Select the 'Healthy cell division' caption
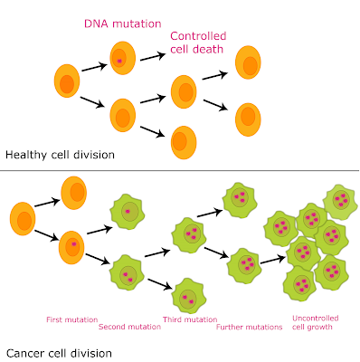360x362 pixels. pyautogui.click(x=60, y=155)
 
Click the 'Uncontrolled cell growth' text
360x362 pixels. pyautogui.click(x=316, y=321)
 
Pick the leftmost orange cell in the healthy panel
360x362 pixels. pyautogui.click(x=66, y=82)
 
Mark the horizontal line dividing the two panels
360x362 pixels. pyautogui.click(x=180, y=170)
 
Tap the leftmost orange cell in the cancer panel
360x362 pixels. pyautogui.click(x=24, y=219)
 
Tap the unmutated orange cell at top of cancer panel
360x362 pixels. pyautogui.click(x=74, y=192)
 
